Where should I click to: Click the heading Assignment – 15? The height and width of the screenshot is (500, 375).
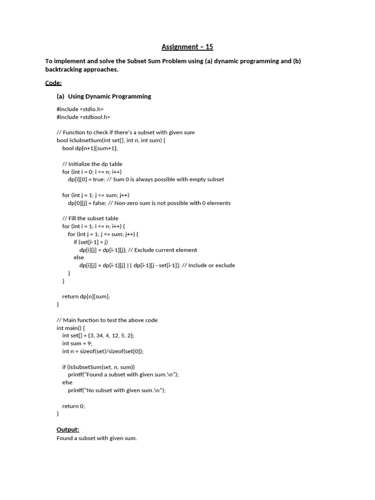coord(187,47)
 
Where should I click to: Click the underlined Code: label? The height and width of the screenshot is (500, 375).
coord(53,83)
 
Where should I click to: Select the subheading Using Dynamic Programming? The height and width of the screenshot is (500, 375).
coord(109,96)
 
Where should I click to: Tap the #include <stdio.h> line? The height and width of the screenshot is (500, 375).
coord(80,109)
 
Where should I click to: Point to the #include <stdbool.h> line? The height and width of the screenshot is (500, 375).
coord(83,117)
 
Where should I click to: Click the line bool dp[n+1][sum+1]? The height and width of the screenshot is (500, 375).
coord(90,148)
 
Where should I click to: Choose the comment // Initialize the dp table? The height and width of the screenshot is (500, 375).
coord(92,164)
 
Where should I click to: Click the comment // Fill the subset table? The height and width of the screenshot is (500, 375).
coord(90,218)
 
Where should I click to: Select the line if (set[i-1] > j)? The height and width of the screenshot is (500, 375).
coord(91,242)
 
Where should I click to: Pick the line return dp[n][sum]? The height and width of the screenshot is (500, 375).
coord(86,296)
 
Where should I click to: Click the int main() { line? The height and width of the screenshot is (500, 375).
coord(71,328)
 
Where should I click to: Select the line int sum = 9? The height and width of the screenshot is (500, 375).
coord(78,343)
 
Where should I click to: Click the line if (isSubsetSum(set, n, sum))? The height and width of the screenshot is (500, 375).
coord(99,367)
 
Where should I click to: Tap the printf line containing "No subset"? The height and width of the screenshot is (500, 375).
coord(117,390)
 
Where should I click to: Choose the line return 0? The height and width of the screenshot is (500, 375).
coord(73,406)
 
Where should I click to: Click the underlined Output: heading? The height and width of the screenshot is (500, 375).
coord(68,429)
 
